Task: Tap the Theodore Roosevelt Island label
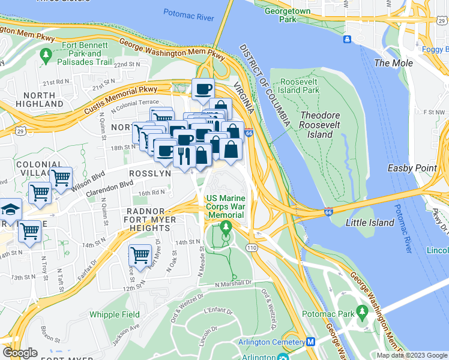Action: (324, 125)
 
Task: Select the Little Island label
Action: (370, 223)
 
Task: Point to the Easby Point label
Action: (412, 168)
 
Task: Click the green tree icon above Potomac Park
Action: (362, 311)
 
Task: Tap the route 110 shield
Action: (250, 247)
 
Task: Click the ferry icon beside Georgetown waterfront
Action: (348, 40)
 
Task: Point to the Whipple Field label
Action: (114, 314)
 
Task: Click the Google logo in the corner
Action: (20, 353)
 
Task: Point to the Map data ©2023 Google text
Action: (411, 355)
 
